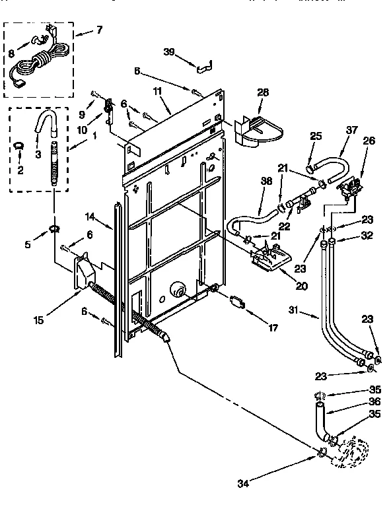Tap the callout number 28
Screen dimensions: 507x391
click(x=263, y=92)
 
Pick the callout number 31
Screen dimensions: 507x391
click(x=295, y=310)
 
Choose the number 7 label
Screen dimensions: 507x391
click(x=99, y=30)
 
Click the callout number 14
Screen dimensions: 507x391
click(x=91, y=216)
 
